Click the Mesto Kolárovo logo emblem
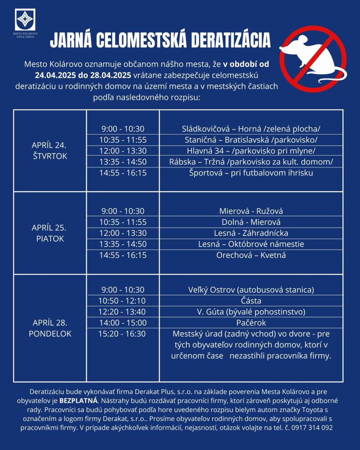25,20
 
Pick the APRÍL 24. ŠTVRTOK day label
49,150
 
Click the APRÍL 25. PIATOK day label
49,233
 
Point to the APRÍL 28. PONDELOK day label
49,328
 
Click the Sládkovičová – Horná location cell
251,129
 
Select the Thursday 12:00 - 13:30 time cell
123,151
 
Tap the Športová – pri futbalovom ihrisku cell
251,173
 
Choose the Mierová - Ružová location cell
251,211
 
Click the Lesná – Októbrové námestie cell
251,244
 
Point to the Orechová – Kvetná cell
251,255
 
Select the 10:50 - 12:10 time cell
123,301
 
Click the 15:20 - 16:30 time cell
123,334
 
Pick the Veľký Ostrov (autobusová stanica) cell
251,290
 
